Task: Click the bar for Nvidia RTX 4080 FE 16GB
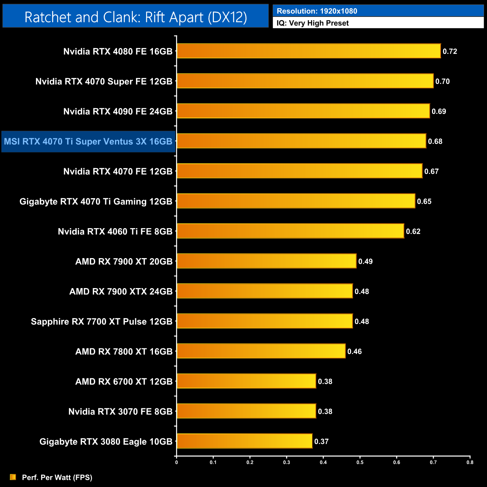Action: click(x=309, y=51)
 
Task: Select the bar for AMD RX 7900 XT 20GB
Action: click(x=266, y=261)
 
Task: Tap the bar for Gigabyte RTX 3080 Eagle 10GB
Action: click(x=244, y=441)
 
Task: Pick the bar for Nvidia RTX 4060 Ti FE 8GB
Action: click(x=290, y=231)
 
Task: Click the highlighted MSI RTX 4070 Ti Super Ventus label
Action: click(x=88, y=142)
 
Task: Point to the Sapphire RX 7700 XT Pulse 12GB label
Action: click(x=102, y=321)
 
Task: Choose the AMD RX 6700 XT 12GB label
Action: click(x=124, y=381)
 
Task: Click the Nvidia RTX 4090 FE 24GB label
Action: click(x=118, y=111)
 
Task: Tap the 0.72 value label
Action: click(x=450, y=51)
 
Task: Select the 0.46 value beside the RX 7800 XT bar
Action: click(x=354, y=351)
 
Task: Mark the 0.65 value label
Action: click(x=424, y=201)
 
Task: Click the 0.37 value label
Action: click(x=321, y=441)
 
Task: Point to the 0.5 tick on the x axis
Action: click(x=360, y=462)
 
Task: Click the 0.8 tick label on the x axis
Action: click(x=470, y=462)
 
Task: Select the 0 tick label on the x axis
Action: click(x=176, y=462)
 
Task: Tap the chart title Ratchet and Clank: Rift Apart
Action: click(x=136, y=17)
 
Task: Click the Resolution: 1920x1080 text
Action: click(x=317, y=11)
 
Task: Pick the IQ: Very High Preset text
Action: click(x=312, y=23)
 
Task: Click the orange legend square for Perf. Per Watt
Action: click(x=13, y=477)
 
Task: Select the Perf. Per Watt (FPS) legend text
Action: click(x=57, y=477)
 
